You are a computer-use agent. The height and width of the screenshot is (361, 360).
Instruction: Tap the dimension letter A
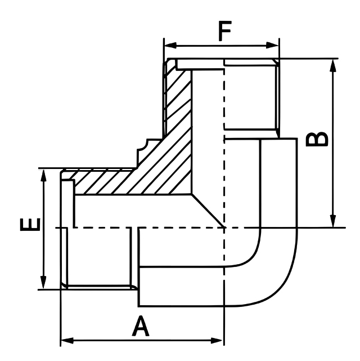click(x=141, y=326)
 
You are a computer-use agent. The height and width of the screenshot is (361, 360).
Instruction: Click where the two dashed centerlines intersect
click(x=224, y=228)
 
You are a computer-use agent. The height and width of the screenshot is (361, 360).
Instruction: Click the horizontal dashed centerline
click(x=101, y=228)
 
